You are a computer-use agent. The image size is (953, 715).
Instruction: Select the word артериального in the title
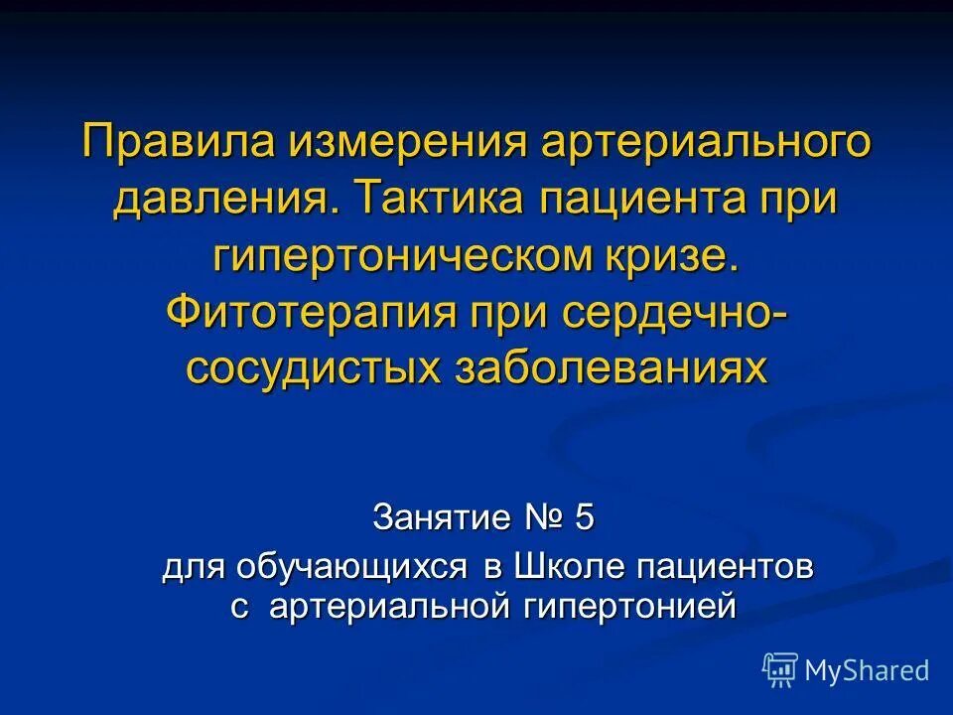pos(706,142)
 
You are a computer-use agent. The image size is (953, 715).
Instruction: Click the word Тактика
pos(439,199)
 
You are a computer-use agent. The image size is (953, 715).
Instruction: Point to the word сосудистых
pos(314,367)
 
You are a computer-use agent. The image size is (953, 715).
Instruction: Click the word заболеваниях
pos(611,367)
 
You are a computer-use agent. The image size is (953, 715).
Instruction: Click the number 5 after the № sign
pos(583,517)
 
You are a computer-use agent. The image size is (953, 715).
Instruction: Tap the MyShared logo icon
pos(779,670)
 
